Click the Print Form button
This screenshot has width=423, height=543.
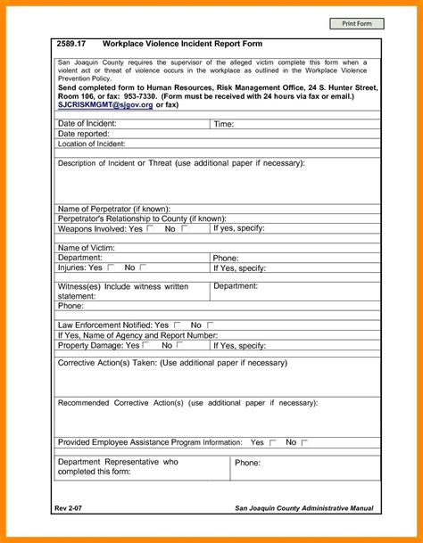tap(352, 22)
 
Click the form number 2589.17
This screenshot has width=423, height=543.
tap(71, 44)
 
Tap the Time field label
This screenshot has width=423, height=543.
tap(224, 124)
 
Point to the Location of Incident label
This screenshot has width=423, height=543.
tap(91, 143)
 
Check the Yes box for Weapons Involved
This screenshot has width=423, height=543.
tap(150, 228)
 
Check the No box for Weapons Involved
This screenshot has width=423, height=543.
tap(185, 228)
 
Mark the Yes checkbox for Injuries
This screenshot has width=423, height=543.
tap(111, 267)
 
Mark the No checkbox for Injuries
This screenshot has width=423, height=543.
tap(143, 267)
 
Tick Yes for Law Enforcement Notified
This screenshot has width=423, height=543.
tap(178, 325)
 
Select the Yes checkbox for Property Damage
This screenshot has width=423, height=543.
tap(146, 344)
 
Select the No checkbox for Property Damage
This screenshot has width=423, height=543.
tap(181, 344)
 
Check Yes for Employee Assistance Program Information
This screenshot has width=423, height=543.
tap(272, 442)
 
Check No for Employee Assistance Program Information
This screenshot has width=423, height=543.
tap(304, 442)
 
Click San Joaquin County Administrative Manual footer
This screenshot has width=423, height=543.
tap(304, 507)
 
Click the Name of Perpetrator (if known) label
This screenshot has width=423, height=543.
tap(113, 209)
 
